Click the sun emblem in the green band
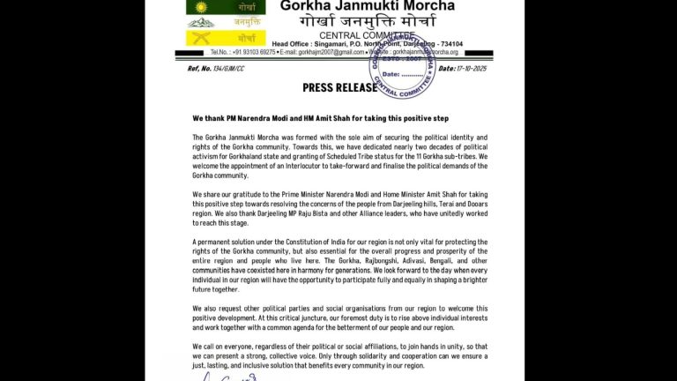click(x=201, y=7)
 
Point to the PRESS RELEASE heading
click(x=339, y=87)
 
